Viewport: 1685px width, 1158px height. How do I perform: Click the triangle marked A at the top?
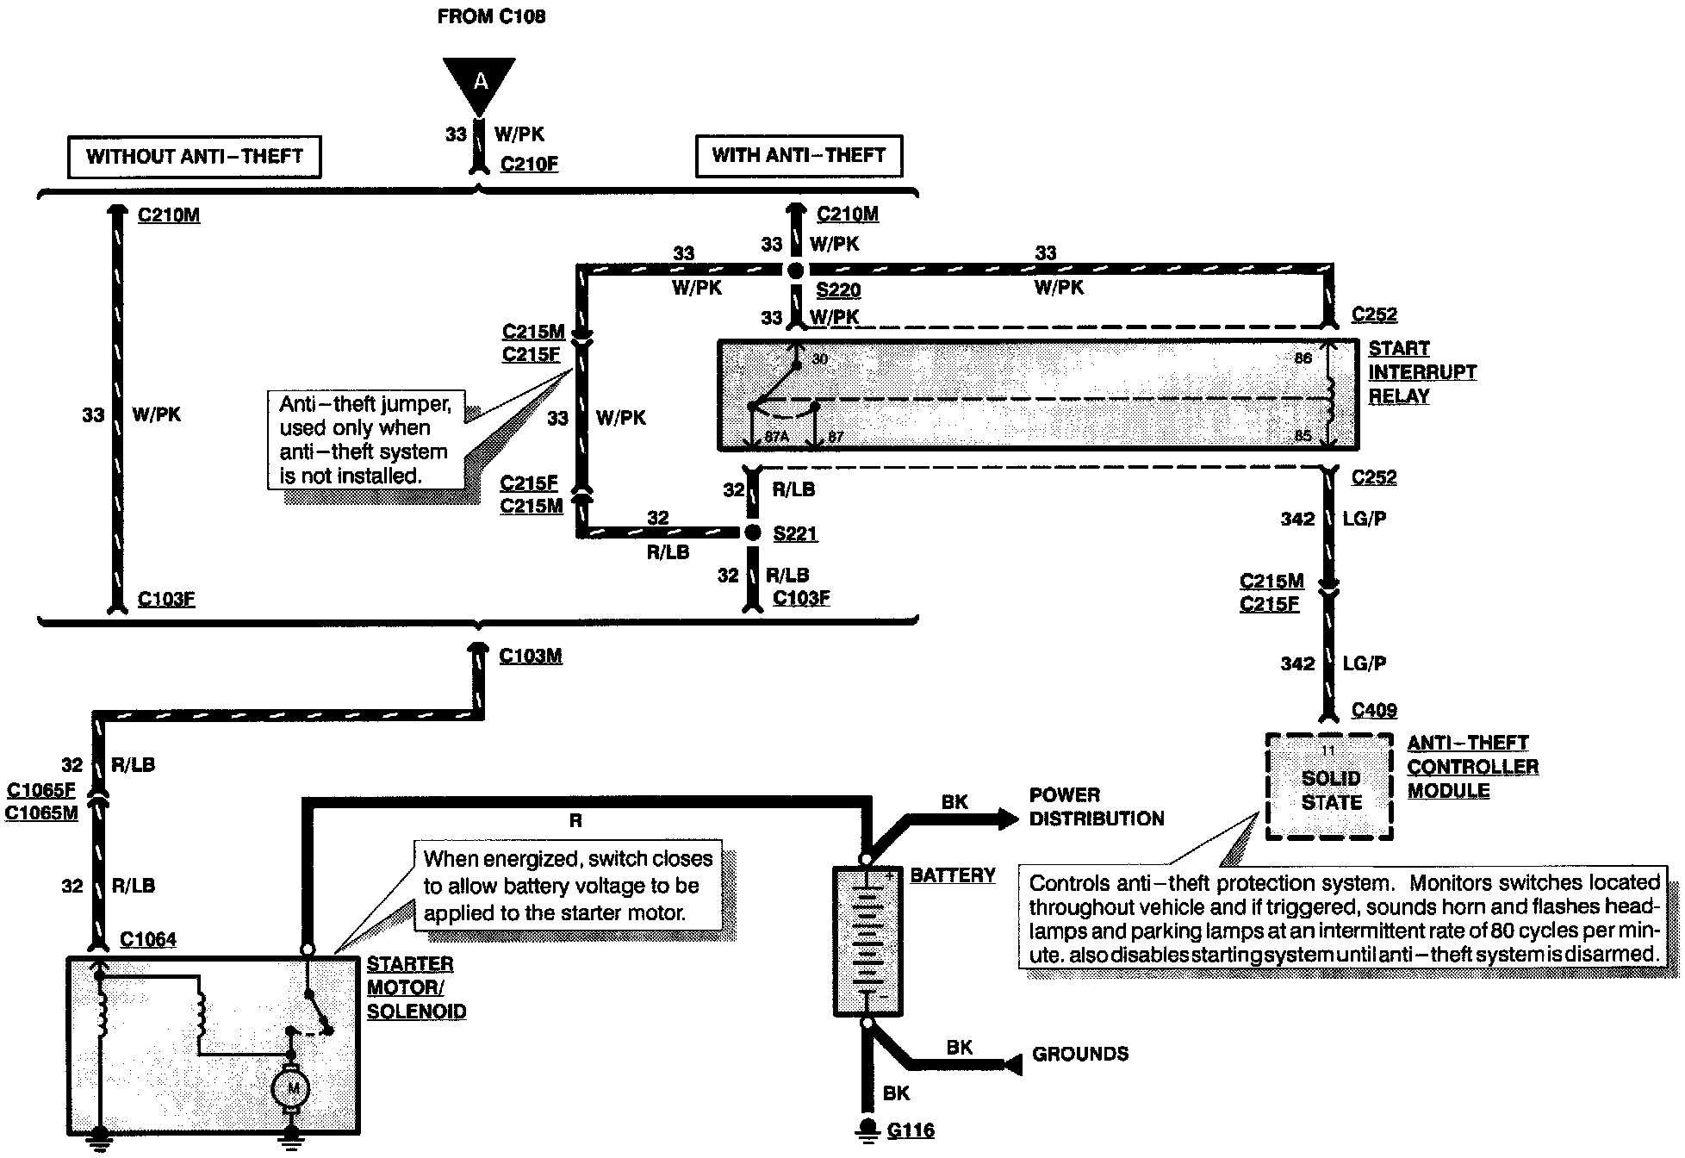pyautogui.click(x=480, y=83)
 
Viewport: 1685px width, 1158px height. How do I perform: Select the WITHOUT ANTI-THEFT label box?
pyautogui.click(x=195, y=157)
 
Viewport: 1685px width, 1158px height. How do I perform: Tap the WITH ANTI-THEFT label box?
pyautogui.click(x=799, y=156)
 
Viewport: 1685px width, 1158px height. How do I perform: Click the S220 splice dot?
pyautogui.click(x=795, y=271)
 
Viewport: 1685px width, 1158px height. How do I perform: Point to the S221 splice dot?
pyautogui.click(x=752, y=533)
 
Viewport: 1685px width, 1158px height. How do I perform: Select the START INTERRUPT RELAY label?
pyautogui.click(x=1421, y=372)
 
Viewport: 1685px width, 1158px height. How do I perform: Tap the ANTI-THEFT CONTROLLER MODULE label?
pyautogui.click(x=1472, y=767)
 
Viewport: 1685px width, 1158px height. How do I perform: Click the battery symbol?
pyautogui.click(x=867, y=941)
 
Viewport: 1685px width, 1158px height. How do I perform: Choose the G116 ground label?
pyautogui.click(x=911, y=1130)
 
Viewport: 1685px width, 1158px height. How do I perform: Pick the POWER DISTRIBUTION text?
pyautogui.click(x=1096, y=807)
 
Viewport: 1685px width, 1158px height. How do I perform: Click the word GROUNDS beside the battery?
pyautogui.click(x=1079, y=1054)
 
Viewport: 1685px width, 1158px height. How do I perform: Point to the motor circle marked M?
pyautogui.click(x=292, y=1089)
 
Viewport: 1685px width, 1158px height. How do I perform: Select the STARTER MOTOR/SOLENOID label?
pyautogui.click(x=416, y=987)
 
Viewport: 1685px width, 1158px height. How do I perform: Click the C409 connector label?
pyautogui.click(x=1374, y=710)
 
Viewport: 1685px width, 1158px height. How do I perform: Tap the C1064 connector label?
pyautogui.click(x=148, y=939)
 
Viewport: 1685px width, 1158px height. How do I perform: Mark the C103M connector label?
pyautogui.click(x=531, y=656)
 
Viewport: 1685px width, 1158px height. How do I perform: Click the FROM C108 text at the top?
pyautogui.click(x=491, y=16)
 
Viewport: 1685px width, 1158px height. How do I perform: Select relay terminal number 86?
pyautogui.click(x=1303, y=358)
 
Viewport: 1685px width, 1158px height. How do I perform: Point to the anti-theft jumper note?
pyautogui.click(x=364, y=439)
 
